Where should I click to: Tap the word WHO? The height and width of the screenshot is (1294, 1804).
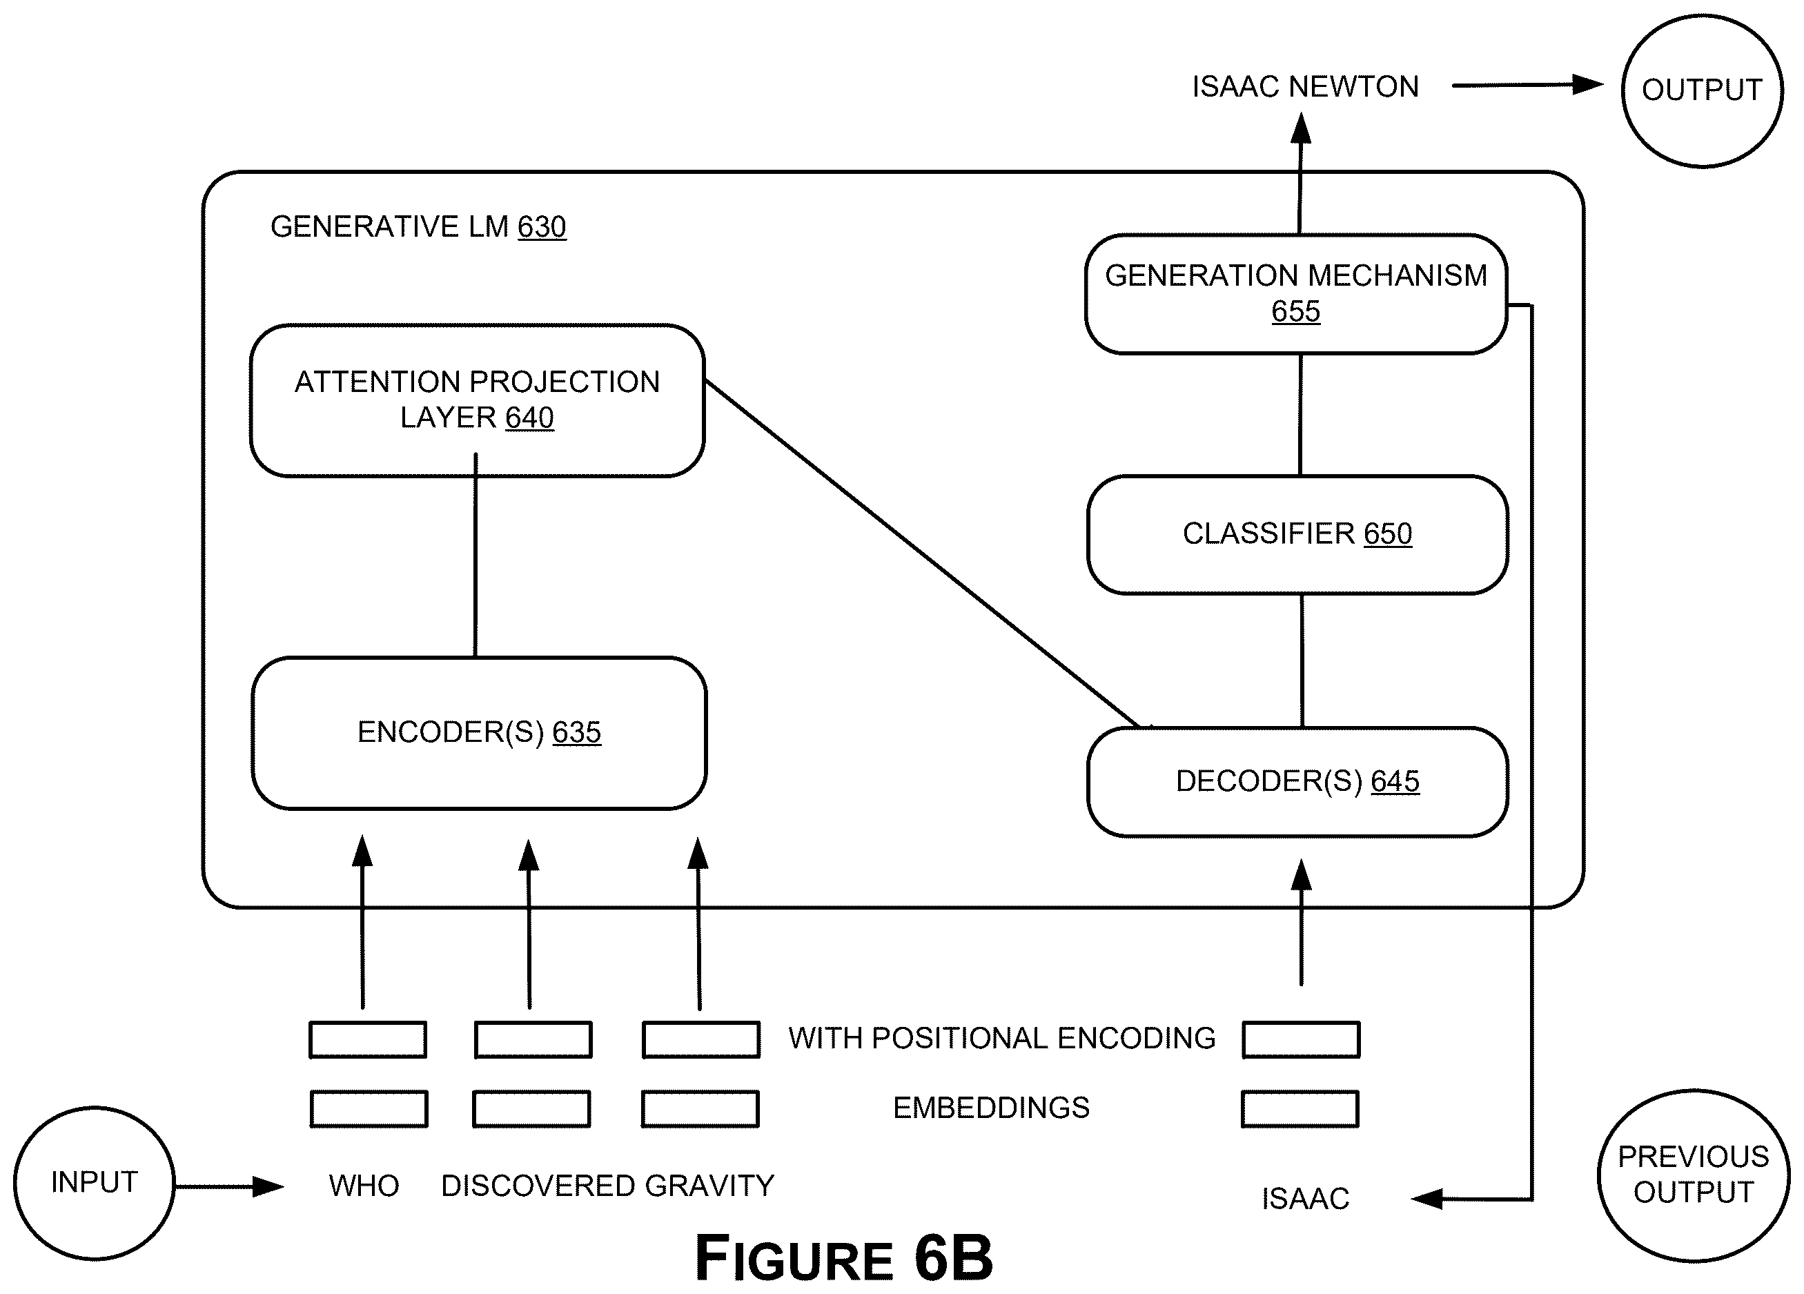(364, 1186)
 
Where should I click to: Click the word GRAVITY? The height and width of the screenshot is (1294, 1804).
(709, 1186)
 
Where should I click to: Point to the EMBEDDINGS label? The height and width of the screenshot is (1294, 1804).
(991, 1108)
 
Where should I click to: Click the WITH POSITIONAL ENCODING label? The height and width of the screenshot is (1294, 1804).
(1002, 1039)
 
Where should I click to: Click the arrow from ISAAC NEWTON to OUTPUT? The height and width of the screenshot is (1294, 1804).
(1527, 85)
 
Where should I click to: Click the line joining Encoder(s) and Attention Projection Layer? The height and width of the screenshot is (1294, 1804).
(475, 555)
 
